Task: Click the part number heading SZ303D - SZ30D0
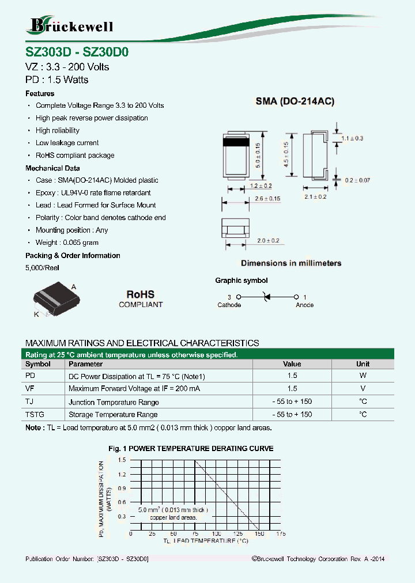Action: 77,51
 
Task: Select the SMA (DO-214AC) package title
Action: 295,101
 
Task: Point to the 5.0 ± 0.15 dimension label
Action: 259,154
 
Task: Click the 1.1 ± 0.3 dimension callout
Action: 352,138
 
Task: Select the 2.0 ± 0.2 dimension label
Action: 268,240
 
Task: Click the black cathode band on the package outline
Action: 235,141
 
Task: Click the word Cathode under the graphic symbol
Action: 229,305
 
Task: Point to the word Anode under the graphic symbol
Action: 304,305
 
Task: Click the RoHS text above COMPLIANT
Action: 141,294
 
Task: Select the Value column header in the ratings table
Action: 292,364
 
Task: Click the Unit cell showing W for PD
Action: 363,376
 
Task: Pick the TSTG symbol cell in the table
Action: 35,414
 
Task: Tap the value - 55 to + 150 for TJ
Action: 292,402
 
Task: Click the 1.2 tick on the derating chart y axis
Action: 122,474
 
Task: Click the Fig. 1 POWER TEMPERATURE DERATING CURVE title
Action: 191,448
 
